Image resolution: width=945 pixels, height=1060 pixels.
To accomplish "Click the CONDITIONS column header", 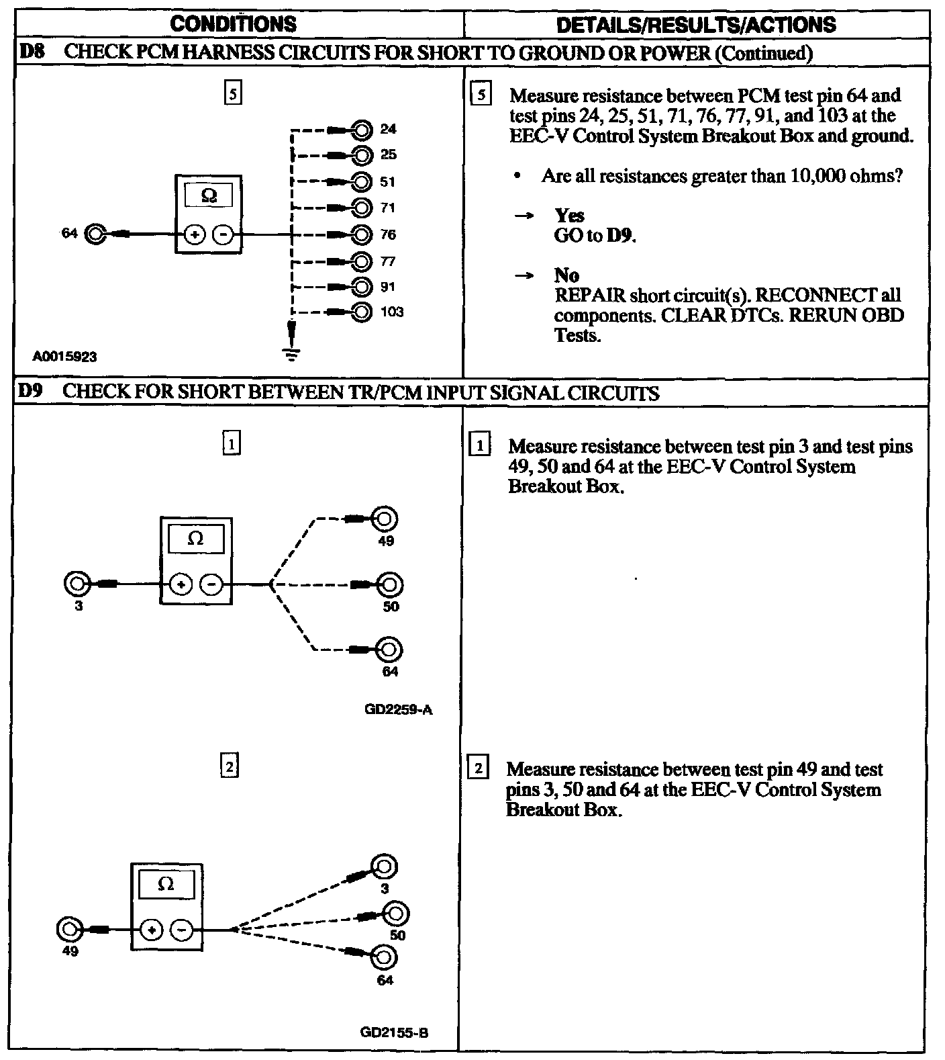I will coord(233,24).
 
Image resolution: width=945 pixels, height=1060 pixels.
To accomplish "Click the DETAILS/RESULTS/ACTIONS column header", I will coord(696,25).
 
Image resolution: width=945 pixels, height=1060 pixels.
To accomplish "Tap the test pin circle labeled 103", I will coord(362,312).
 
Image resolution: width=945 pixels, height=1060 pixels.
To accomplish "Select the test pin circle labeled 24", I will coord(362,129).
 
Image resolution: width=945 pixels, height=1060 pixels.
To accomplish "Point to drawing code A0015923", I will coord(64,357).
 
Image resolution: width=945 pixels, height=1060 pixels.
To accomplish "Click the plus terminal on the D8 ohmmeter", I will coord(195,235).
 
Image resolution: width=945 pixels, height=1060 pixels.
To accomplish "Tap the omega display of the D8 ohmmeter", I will coord(209,195).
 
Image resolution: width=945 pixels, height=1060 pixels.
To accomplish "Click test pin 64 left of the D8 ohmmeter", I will coord(95,234).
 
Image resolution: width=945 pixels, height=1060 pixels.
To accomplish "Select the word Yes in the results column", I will coord(569,216).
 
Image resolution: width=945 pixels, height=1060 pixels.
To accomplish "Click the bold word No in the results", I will coord(566,275).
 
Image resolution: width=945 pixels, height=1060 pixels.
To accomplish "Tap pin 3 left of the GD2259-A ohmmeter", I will coord(76,584).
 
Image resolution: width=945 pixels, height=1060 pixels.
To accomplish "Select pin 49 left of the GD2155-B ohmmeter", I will coord(69,930).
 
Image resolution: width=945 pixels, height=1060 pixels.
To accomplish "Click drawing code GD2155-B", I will coord(394,1033).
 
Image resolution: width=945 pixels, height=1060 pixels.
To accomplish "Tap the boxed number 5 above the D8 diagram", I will coord(232,93).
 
